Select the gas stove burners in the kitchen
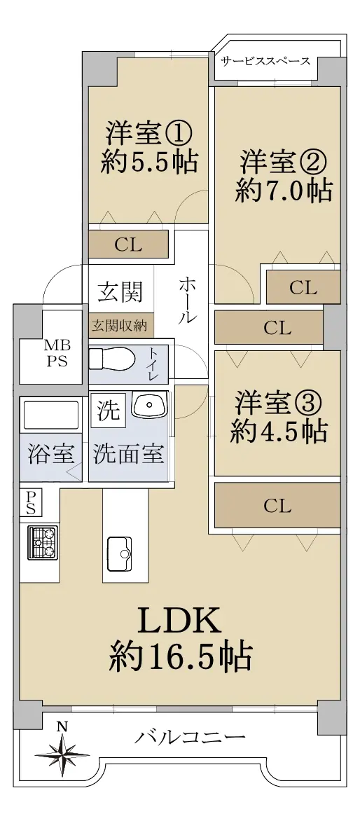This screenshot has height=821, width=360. pos(43,542)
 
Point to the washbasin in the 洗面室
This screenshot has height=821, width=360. pos(149,406)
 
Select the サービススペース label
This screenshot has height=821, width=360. pos(265,61)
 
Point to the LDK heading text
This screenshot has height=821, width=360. pos(178,623)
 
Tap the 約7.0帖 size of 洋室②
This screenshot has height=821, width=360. pos(283,191)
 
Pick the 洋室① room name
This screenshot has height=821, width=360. pos(148,134)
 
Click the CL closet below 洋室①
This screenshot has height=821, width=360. pos(128,244)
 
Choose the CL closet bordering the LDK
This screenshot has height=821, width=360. pos(277,505)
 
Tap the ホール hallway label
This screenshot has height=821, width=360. pos(187,300)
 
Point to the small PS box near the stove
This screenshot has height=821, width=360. pos(30,503)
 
